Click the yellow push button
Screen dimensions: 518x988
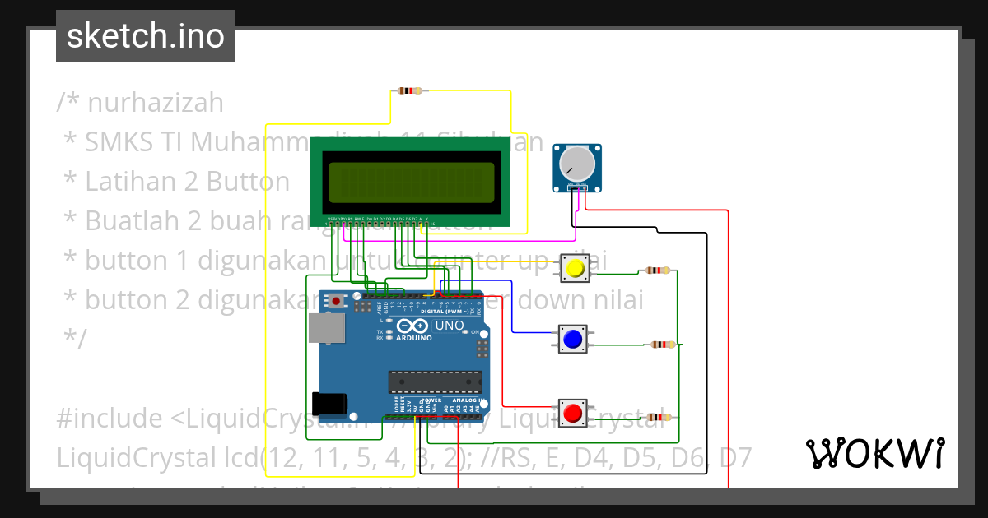pos(576,268)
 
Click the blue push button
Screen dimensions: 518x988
pos(572,339)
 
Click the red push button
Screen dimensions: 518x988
pos(573,412)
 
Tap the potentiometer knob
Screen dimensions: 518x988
pos(577,164)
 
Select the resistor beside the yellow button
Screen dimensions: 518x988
pos(657,270)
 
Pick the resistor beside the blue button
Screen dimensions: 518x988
pos(661,345)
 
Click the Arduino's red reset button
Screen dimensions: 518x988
pos(336,301)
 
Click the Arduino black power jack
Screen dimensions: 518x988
pos(333,404)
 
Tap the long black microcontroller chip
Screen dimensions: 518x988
pos(435,382)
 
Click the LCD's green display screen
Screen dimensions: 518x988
pos(411,181)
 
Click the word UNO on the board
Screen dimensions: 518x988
pos(450,326)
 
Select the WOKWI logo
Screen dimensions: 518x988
pos(874,453)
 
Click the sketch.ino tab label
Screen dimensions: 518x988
pos(146,36)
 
